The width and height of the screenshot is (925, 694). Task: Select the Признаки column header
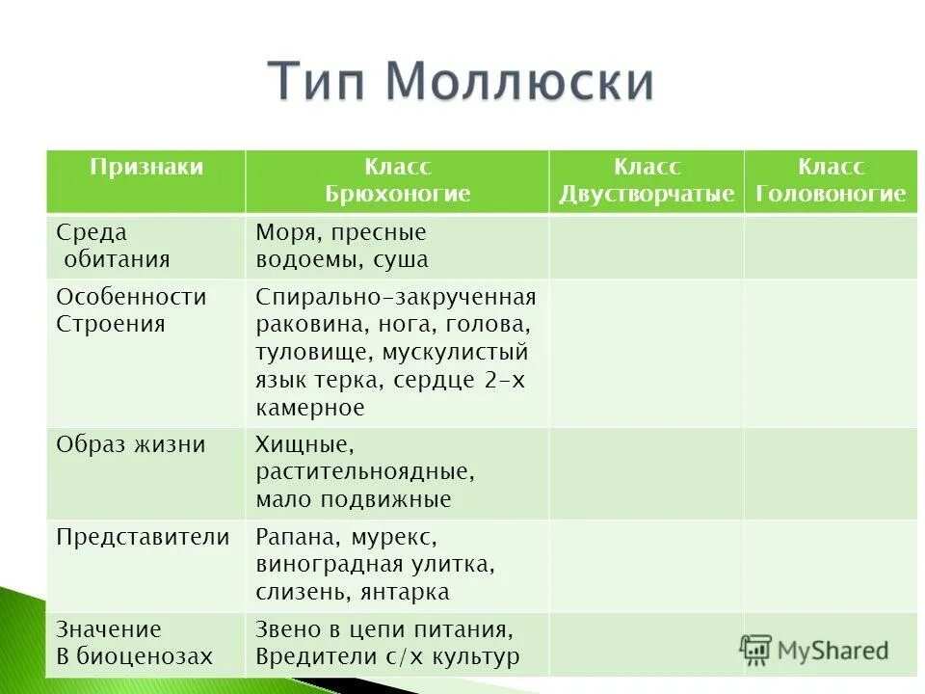146,167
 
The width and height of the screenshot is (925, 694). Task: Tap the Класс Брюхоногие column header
397,180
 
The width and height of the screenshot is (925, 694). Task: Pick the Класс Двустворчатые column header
647,180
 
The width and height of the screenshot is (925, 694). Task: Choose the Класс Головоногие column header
831,180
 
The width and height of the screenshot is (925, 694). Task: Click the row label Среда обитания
113,246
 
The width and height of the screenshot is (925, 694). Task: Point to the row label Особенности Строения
131,309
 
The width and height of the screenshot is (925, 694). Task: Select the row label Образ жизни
131,444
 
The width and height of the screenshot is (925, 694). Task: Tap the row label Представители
144,537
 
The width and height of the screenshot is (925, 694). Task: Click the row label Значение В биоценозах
134,643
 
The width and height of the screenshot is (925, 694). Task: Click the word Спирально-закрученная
396,297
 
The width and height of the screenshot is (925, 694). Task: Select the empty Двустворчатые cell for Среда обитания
647,247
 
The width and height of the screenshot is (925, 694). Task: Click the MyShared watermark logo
814,650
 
